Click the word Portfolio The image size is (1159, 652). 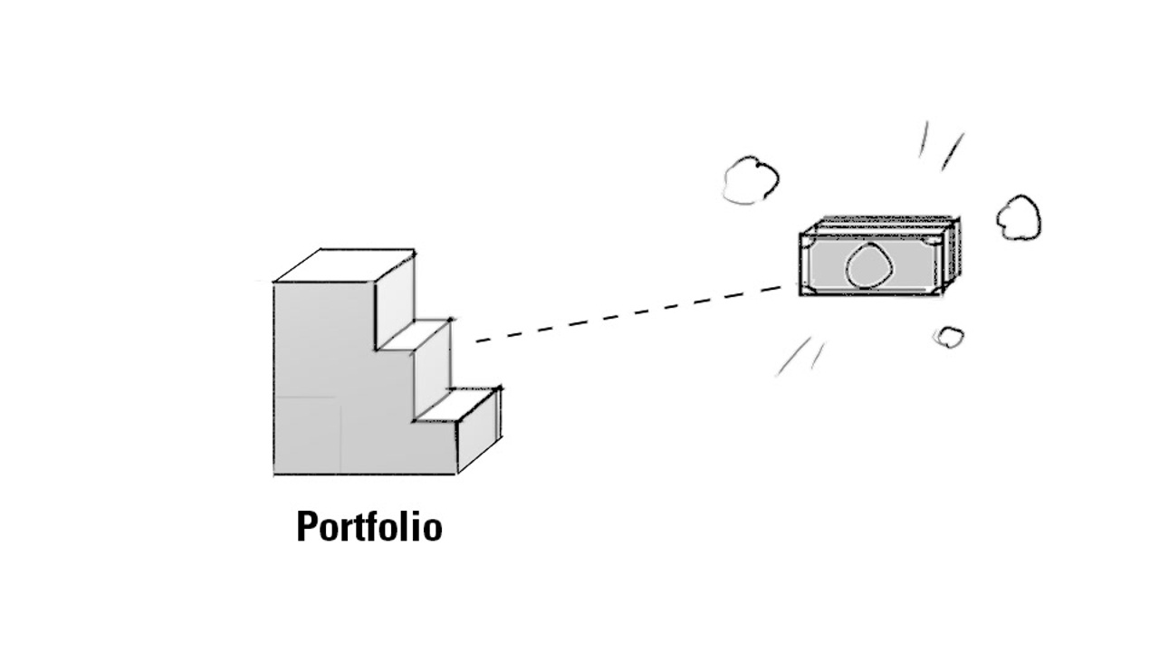coord(369,527)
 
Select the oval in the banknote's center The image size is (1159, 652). coord(869,265)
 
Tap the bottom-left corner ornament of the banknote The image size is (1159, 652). coord(809,288)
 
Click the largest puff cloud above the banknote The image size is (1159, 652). coord(751,179)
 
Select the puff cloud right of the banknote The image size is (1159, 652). coord(1019,218)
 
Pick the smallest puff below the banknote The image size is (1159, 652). coord(948,338)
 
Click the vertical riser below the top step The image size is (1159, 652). coord(395,301)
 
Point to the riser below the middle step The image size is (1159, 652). coord(432,369)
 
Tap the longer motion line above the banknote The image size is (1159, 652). coord(952,151)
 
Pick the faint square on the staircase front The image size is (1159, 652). coord(307,435)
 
